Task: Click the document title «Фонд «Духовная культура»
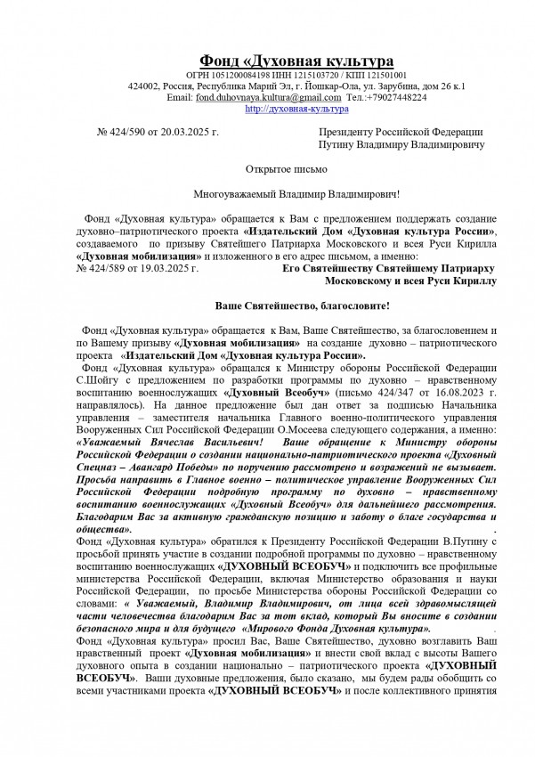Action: (296, 60)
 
